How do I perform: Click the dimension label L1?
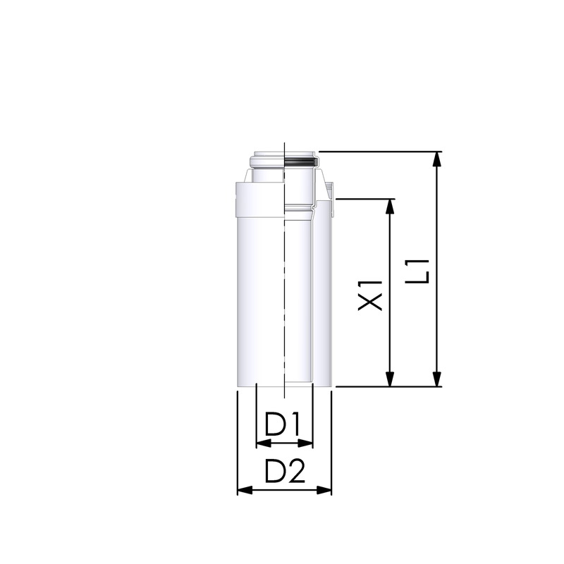(x=420, y=271)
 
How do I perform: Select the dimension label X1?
(x=370, y=294)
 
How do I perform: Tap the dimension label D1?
(x=283, y=424)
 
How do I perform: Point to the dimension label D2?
(x=285, y=471)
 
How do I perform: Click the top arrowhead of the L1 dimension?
(x=438, y=158)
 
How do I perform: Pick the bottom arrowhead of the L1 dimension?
(x=438, y=379)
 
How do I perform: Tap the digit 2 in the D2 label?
(x=296, y=471)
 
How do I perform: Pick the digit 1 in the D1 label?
(x=295, y=424)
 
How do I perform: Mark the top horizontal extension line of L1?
(x=381, y=151)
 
